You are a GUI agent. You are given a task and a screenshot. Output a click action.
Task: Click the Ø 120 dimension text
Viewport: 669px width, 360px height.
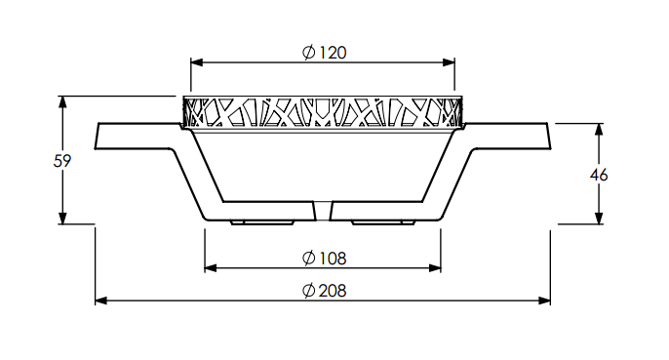click(324, 53)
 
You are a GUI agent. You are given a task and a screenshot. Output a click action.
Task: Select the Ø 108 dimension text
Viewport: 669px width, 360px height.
click(324, 258)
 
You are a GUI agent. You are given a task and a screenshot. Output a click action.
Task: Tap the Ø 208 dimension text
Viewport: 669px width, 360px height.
click(324, 291)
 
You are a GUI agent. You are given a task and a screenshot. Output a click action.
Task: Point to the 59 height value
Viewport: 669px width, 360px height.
click(62, 161)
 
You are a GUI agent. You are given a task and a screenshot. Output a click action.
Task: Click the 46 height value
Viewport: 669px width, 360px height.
click(599, 175)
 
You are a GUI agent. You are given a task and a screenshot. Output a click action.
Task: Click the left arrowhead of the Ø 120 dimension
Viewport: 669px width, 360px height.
click(197, 62)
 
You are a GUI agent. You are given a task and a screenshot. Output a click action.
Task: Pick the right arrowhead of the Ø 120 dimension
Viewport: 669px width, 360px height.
click(449, 62)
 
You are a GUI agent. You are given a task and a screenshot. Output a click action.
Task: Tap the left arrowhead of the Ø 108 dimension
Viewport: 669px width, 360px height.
click(211, 268)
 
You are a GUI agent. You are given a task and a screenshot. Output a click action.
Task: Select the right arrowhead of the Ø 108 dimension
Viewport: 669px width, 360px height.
click(435, 268)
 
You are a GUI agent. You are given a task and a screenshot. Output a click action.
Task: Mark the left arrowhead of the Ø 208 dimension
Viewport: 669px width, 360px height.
click(101, 300)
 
